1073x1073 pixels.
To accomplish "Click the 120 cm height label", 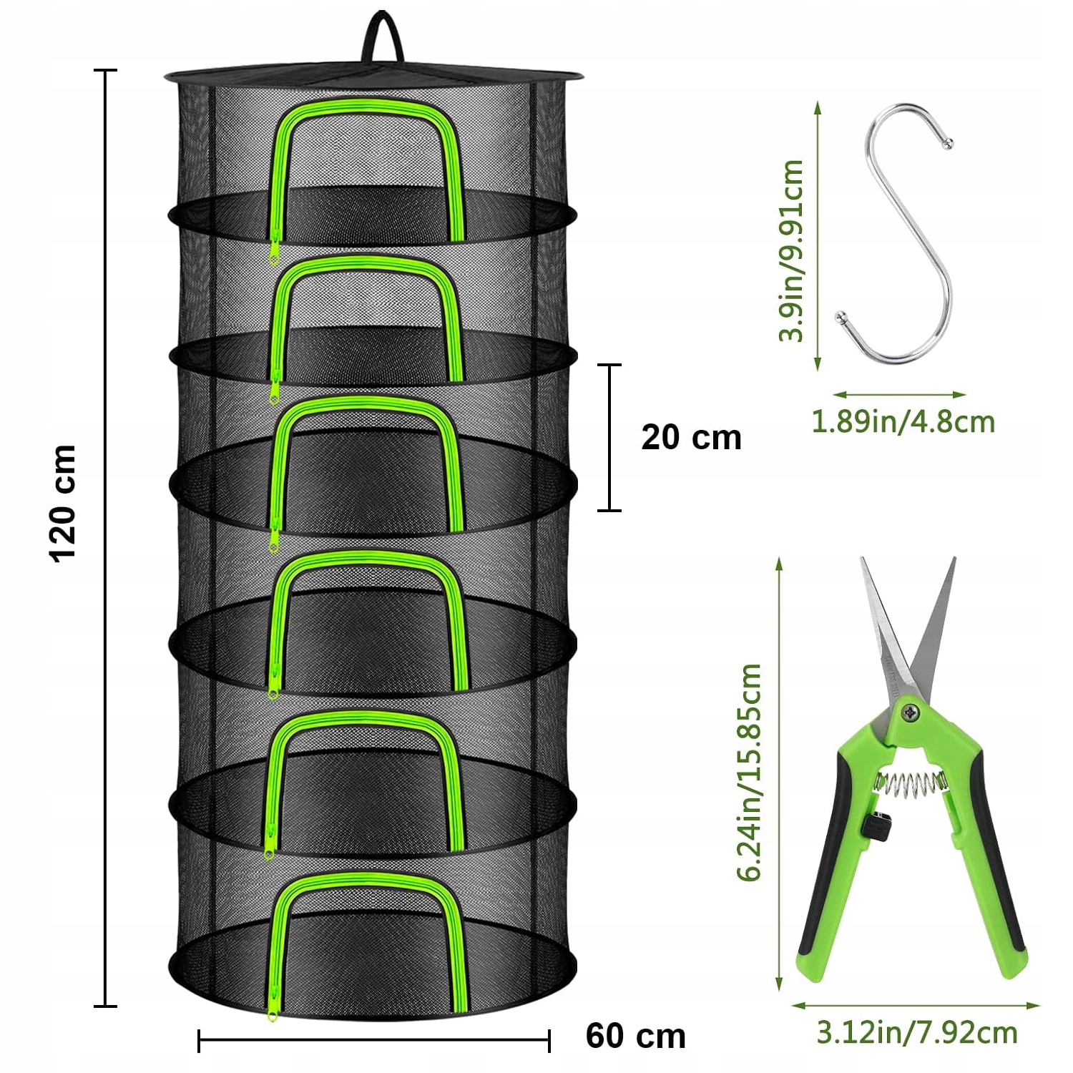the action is coord(64,502).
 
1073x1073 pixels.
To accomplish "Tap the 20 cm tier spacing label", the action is coord(691,438).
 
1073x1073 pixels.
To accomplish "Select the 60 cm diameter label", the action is coord(635,1036).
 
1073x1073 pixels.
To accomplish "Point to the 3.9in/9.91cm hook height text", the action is coord(792,250).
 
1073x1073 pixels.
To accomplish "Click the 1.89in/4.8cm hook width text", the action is coord(903,421).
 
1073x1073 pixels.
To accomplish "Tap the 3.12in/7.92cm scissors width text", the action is coord(916,1033).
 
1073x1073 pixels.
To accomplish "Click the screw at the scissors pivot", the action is coord(911,712).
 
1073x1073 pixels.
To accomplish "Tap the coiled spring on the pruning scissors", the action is coord(910,784).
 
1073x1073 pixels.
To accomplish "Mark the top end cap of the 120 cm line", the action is coord(105,71).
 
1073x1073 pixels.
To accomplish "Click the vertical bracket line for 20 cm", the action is coord(609,437).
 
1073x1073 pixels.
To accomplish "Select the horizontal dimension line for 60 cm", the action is coord(373,1039).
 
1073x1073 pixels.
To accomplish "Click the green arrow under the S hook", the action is coord(900,394).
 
